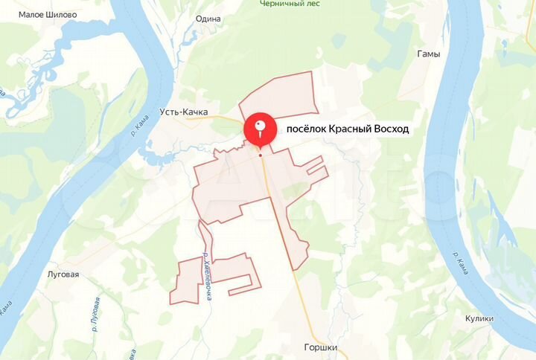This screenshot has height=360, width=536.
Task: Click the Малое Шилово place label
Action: (x=47, y=15)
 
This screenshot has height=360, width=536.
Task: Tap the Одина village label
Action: (x=208, y=19)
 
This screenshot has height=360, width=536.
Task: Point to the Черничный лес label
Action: (x=290, y=4)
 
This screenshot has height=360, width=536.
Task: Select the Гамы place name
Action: (x=429, y=54)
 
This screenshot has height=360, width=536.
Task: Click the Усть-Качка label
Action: (x=182, y=112)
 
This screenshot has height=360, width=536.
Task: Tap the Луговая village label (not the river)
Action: (x=63, y=274)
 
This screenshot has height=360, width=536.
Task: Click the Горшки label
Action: (x=321, y=347)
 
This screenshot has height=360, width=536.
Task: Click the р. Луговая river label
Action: (x=96, y=310)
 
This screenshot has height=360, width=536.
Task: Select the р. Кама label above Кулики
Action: (x=461, y=263)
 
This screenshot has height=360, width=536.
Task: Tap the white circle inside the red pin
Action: (x=260, y=126)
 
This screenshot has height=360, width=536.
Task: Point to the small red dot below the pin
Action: (x=260, y=155)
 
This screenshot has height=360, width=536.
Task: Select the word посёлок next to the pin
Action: (x=307, y=129)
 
